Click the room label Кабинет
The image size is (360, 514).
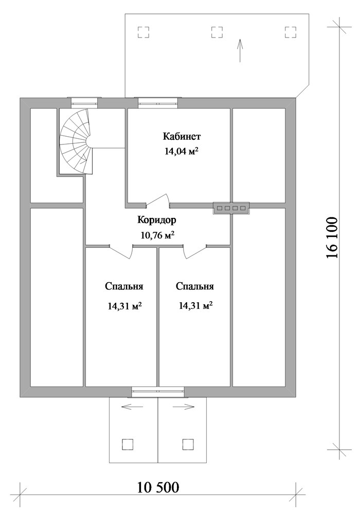pos(182,136)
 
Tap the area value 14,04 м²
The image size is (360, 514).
pos(182,151)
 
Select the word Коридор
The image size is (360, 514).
pos(157,220)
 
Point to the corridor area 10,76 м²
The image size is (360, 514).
pos(157,235)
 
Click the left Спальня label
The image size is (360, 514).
pos(124,286)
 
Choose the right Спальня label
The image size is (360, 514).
pos(195,286)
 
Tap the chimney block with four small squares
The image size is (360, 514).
pos(231,208)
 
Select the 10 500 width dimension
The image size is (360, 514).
pos(158,487)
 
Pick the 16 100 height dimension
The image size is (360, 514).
pos(332,237)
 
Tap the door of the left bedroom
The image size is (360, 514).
pos(121,252)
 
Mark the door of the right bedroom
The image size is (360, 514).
pos(195,252)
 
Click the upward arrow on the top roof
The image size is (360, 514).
pos(240,50)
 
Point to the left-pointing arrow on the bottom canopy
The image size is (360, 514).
pos(132,407)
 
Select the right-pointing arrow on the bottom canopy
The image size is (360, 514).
pos(184,407)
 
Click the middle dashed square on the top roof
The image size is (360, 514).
pos(217,32)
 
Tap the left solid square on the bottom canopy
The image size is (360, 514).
pos(128,444)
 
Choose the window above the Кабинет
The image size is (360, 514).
pos(158,103)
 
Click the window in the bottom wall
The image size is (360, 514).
pos(158,392)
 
